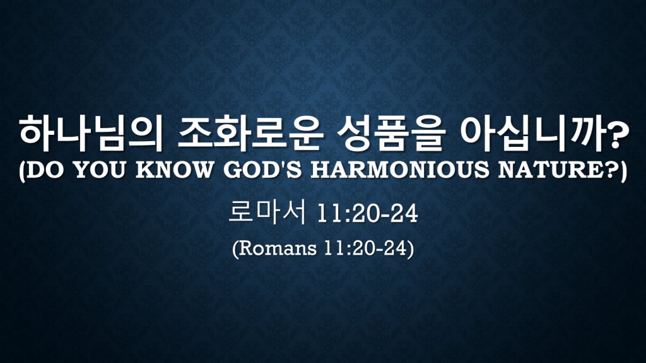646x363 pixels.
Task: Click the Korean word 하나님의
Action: click(x=90, y=134)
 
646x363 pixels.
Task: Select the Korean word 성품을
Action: click(x=389, y=134)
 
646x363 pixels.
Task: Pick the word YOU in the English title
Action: click(x=100, y=170)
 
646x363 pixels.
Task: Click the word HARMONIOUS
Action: click(x=399, y=170)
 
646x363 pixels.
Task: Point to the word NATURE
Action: click(x=550, y=170)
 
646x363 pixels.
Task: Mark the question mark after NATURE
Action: click(x=610, y=169)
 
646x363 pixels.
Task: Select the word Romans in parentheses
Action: click(x=278, y=248)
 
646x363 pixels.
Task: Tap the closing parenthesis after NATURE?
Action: click(x=623, y=170)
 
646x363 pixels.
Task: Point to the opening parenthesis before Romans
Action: click(x=235, y=249)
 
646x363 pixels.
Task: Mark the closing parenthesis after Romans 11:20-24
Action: click(x=410, y=249)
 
